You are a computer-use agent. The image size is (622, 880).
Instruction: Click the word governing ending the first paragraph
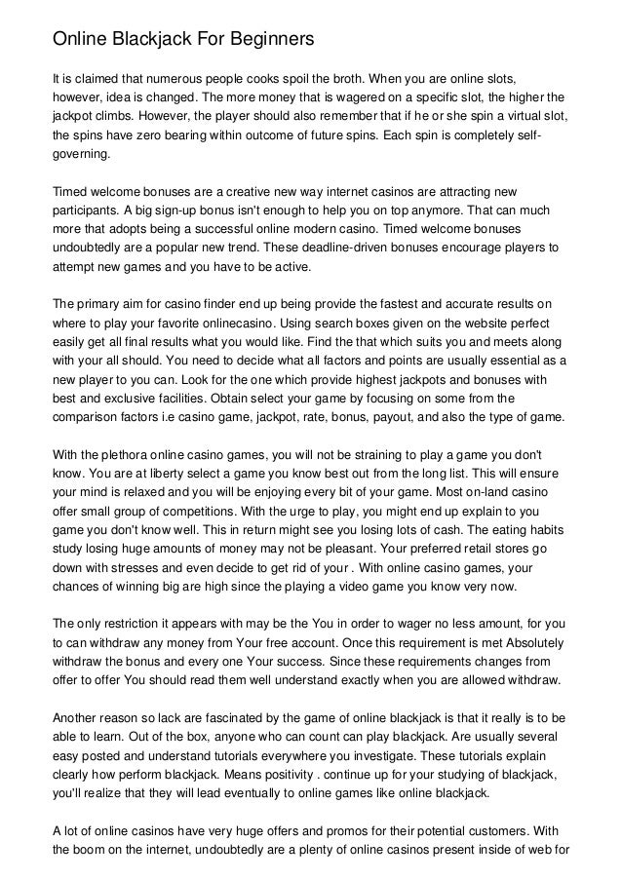click(82, 154)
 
